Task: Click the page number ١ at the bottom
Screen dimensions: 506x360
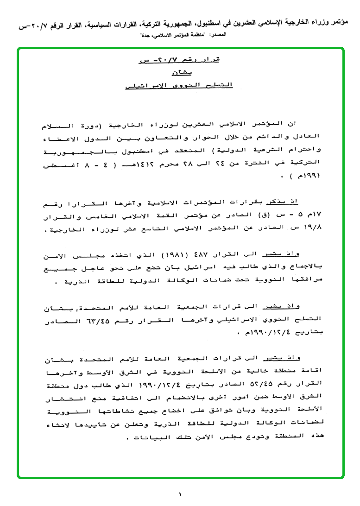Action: tap(180, 494)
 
